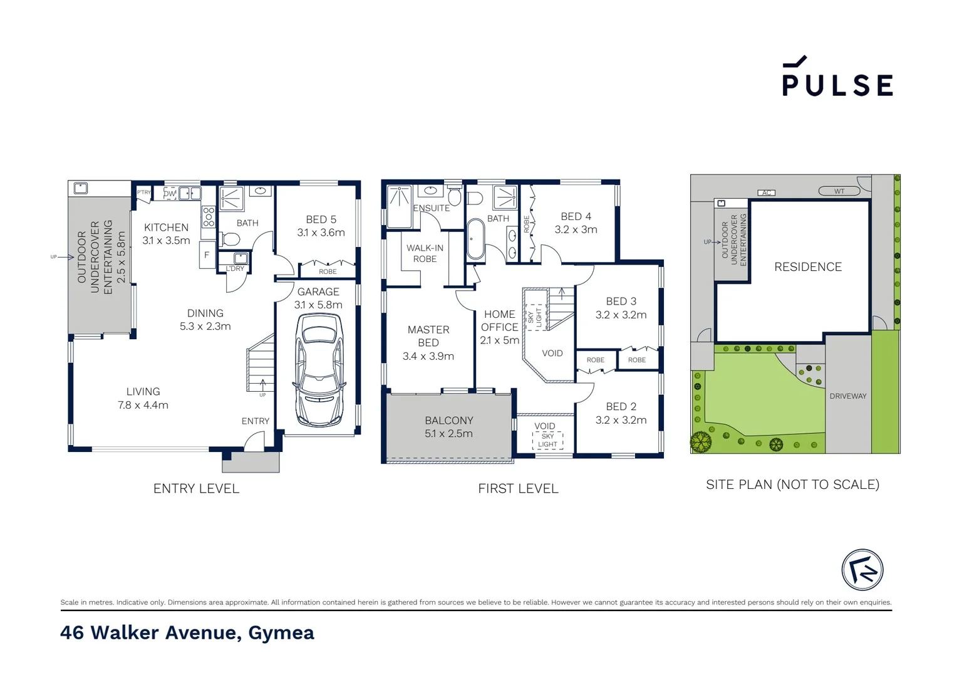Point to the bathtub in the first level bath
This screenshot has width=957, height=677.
pos(475,239)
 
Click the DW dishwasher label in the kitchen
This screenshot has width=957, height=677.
pos(170,194)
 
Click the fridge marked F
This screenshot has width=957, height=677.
pos(207,255)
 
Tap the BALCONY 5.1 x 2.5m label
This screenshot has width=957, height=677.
pos(448,427)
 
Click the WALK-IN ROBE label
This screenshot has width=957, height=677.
pos(425,253)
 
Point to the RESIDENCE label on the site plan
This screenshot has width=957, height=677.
pos(807,267)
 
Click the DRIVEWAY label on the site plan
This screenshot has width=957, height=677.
pos(847,396)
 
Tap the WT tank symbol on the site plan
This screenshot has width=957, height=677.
pos(839,191)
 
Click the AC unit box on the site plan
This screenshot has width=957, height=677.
pos(766,192)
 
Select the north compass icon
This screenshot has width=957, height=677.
pos(862,570)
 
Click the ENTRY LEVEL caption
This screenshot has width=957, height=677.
pos(196,488)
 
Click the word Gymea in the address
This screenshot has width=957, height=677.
pos(281,632)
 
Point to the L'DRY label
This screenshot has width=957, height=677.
pos(235,268)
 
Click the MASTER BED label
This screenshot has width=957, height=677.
pos(428,336)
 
